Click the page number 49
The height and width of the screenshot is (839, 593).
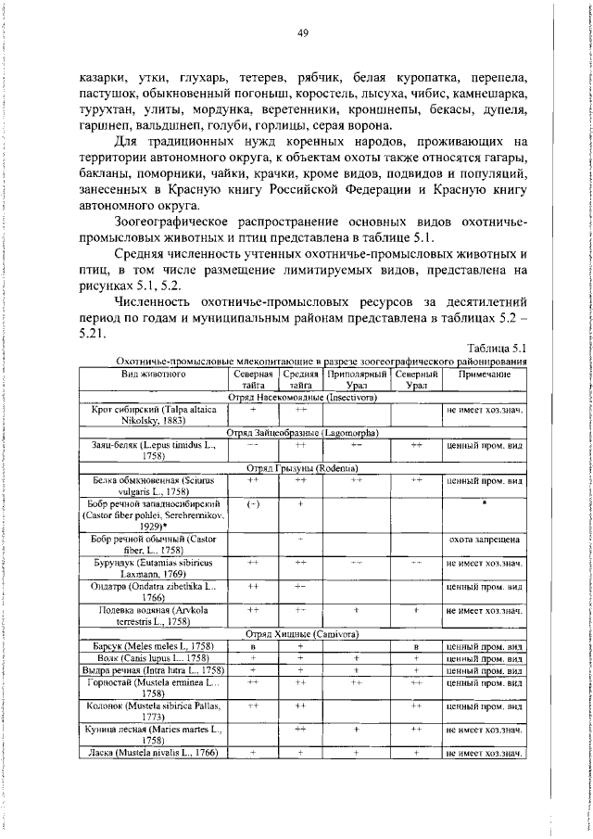point(302,33)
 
